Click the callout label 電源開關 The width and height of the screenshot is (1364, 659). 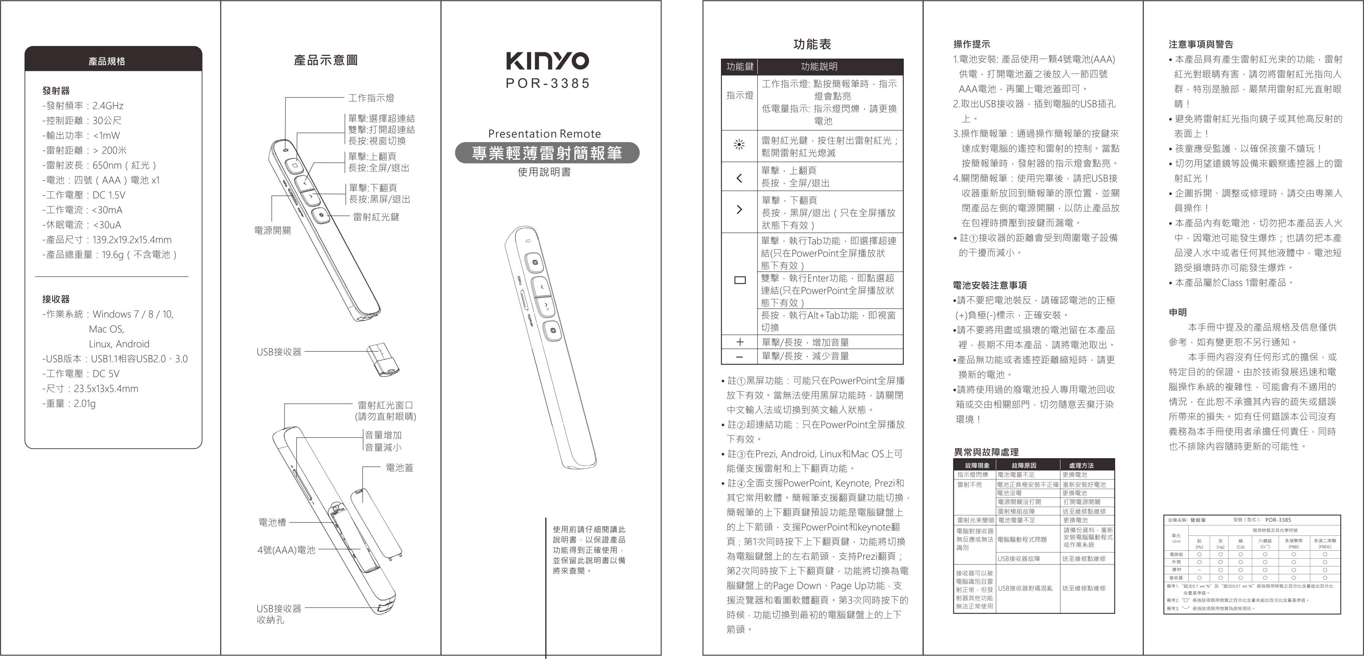(x=272, y=231)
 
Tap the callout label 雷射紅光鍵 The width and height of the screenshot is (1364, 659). (x=376, y=217)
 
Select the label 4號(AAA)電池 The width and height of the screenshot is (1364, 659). (x=286, y=550)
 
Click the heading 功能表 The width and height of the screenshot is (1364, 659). (x=812, y=44)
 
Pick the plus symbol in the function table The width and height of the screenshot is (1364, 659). (x=740, y=342)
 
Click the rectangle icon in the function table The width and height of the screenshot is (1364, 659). (x=740, y=280)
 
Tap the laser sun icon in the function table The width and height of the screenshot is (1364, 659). (x=740, y=145)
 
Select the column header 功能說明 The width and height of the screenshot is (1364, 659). (x=819, y=67)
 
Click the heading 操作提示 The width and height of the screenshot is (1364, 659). (x=972, y=44)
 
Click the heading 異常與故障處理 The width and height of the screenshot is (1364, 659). (x=986, y=452)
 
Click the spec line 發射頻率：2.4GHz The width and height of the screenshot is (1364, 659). (x=83, y=106)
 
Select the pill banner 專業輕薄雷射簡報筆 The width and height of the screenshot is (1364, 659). (x=547, y=153)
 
